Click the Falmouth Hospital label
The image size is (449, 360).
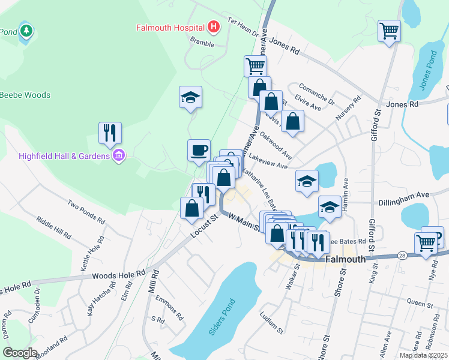[170, 28]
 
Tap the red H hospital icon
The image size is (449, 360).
[213, 27]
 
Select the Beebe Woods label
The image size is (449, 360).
[25, 95]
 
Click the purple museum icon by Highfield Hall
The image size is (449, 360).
[119, 156]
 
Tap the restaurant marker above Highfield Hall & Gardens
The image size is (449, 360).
[110, 133]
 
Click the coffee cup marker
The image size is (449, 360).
[199, 150]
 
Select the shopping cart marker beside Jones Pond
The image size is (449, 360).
[389, 31]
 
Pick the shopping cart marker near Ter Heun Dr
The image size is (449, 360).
[255, 65]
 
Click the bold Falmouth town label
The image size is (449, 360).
[345, 259]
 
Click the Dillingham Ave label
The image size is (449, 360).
[408, 195]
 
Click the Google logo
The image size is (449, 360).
[20, 353]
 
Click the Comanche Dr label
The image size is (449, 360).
[316, 95]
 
